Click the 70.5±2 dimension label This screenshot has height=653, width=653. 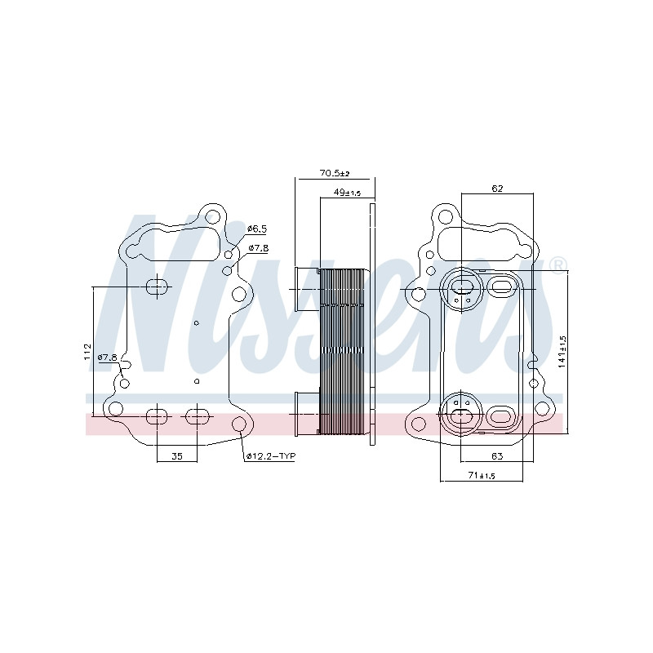click(x=335, y=173)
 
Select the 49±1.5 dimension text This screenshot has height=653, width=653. click(x=348, y=193)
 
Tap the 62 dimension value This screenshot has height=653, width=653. click(x=497, y=189)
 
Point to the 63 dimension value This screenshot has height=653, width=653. click(x=497, y=456)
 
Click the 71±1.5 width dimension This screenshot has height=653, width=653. click(x=482, y=475)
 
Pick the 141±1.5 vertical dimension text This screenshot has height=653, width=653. click(x=562, y=351)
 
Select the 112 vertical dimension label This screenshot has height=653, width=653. click(x=87, y=352)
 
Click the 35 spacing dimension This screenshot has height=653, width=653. click(x=177, y=456)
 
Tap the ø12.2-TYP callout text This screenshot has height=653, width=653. click(x=271, y=456)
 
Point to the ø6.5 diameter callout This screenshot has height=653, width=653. click(x=257, y=229)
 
